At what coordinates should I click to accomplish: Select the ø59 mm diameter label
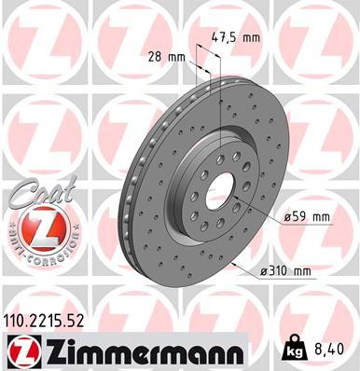(x=306, y=216)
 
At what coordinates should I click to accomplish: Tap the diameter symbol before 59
(x=284, y=216)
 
